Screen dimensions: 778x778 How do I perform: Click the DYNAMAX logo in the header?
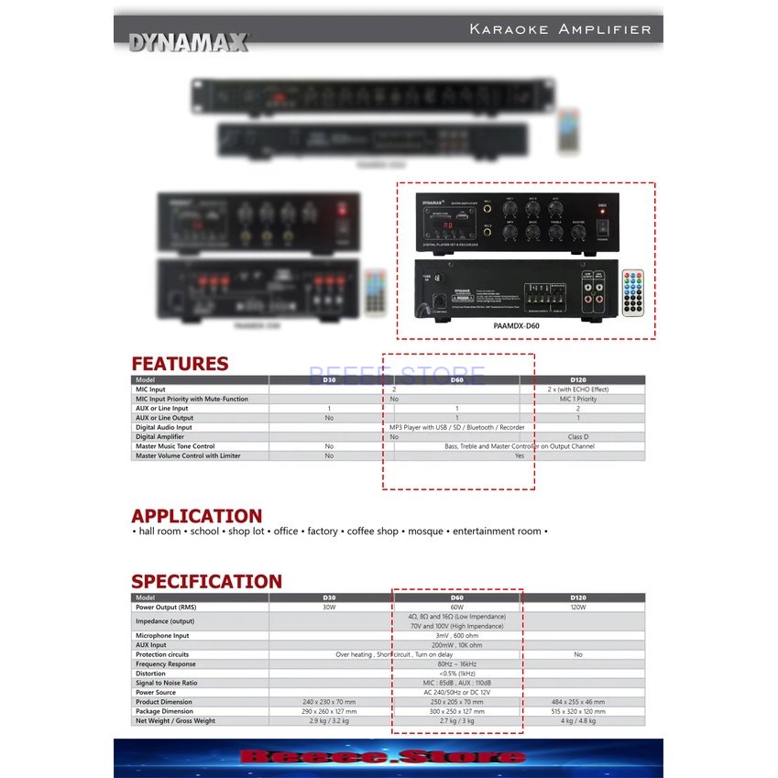pos(188,42)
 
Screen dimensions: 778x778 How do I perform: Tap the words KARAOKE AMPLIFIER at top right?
pos(560,29)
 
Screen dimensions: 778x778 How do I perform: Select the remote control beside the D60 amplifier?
pos(632,292)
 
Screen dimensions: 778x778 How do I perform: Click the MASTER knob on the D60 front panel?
pos(578,232)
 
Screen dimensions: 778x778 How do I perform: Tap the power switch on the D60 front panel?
pos(602,224)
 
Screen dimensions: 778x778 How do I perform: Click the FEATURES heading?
pos(180,364)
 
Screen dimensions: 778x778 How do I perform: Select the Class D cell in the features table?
pos(578,437)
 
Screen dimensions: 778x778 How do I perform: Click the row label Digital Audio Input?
pos(164,427)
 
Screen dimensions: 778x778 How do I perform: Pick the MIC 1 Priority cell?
pos(578,399)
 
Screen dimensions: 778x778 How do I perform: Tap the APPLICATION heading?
pos(196,516)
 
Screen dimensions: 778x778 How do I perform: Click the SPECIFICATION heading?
pos(206,581)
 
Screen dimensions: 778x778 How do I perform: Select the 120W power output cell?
pos(578,607)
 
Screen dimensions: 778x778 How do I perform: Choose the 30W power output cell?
pos(330,607)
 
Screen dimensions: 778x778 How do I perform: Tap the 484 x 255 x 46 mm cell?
pos(578,702)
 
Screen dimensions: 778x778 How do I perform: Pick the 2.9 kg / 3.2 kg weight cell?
pos(330,721)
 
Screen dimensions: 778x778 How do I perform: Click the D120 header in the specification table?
pos(578,597)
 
